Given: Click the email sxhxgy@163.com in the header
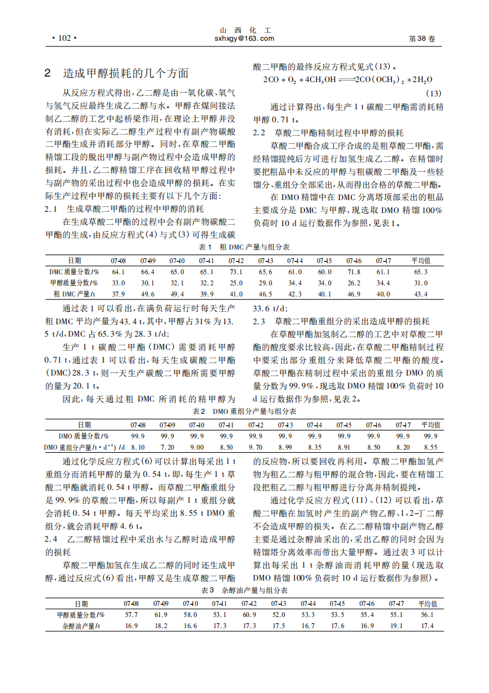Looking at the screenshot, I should (x=244, y=38).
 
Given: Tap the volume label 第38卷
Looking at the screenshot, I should (x=422, y=38).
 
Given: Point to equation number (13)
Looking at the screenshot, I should (x=434, y=93).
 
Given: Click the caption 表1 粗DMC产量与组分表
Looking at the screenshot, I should (x=244, y=246).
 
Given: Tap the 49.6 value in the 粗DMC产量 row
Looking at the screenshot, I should (x=147, y=294).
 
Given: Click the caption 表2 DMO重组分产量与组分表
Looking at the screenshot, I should (x=245, y=411).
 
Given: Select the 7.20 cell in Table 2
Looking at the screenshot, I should (x=167, y=447).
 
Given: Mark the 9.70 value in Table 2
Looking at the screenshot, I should (x=255, y=447).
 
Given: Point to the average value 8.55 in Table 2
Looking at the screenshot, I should (x=431, y=447).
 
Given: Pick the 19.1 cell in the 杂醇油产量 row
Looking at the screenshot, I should (x=397, y=626).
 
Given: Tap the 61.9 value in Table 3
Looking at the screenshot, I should (x=161, y=615).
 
